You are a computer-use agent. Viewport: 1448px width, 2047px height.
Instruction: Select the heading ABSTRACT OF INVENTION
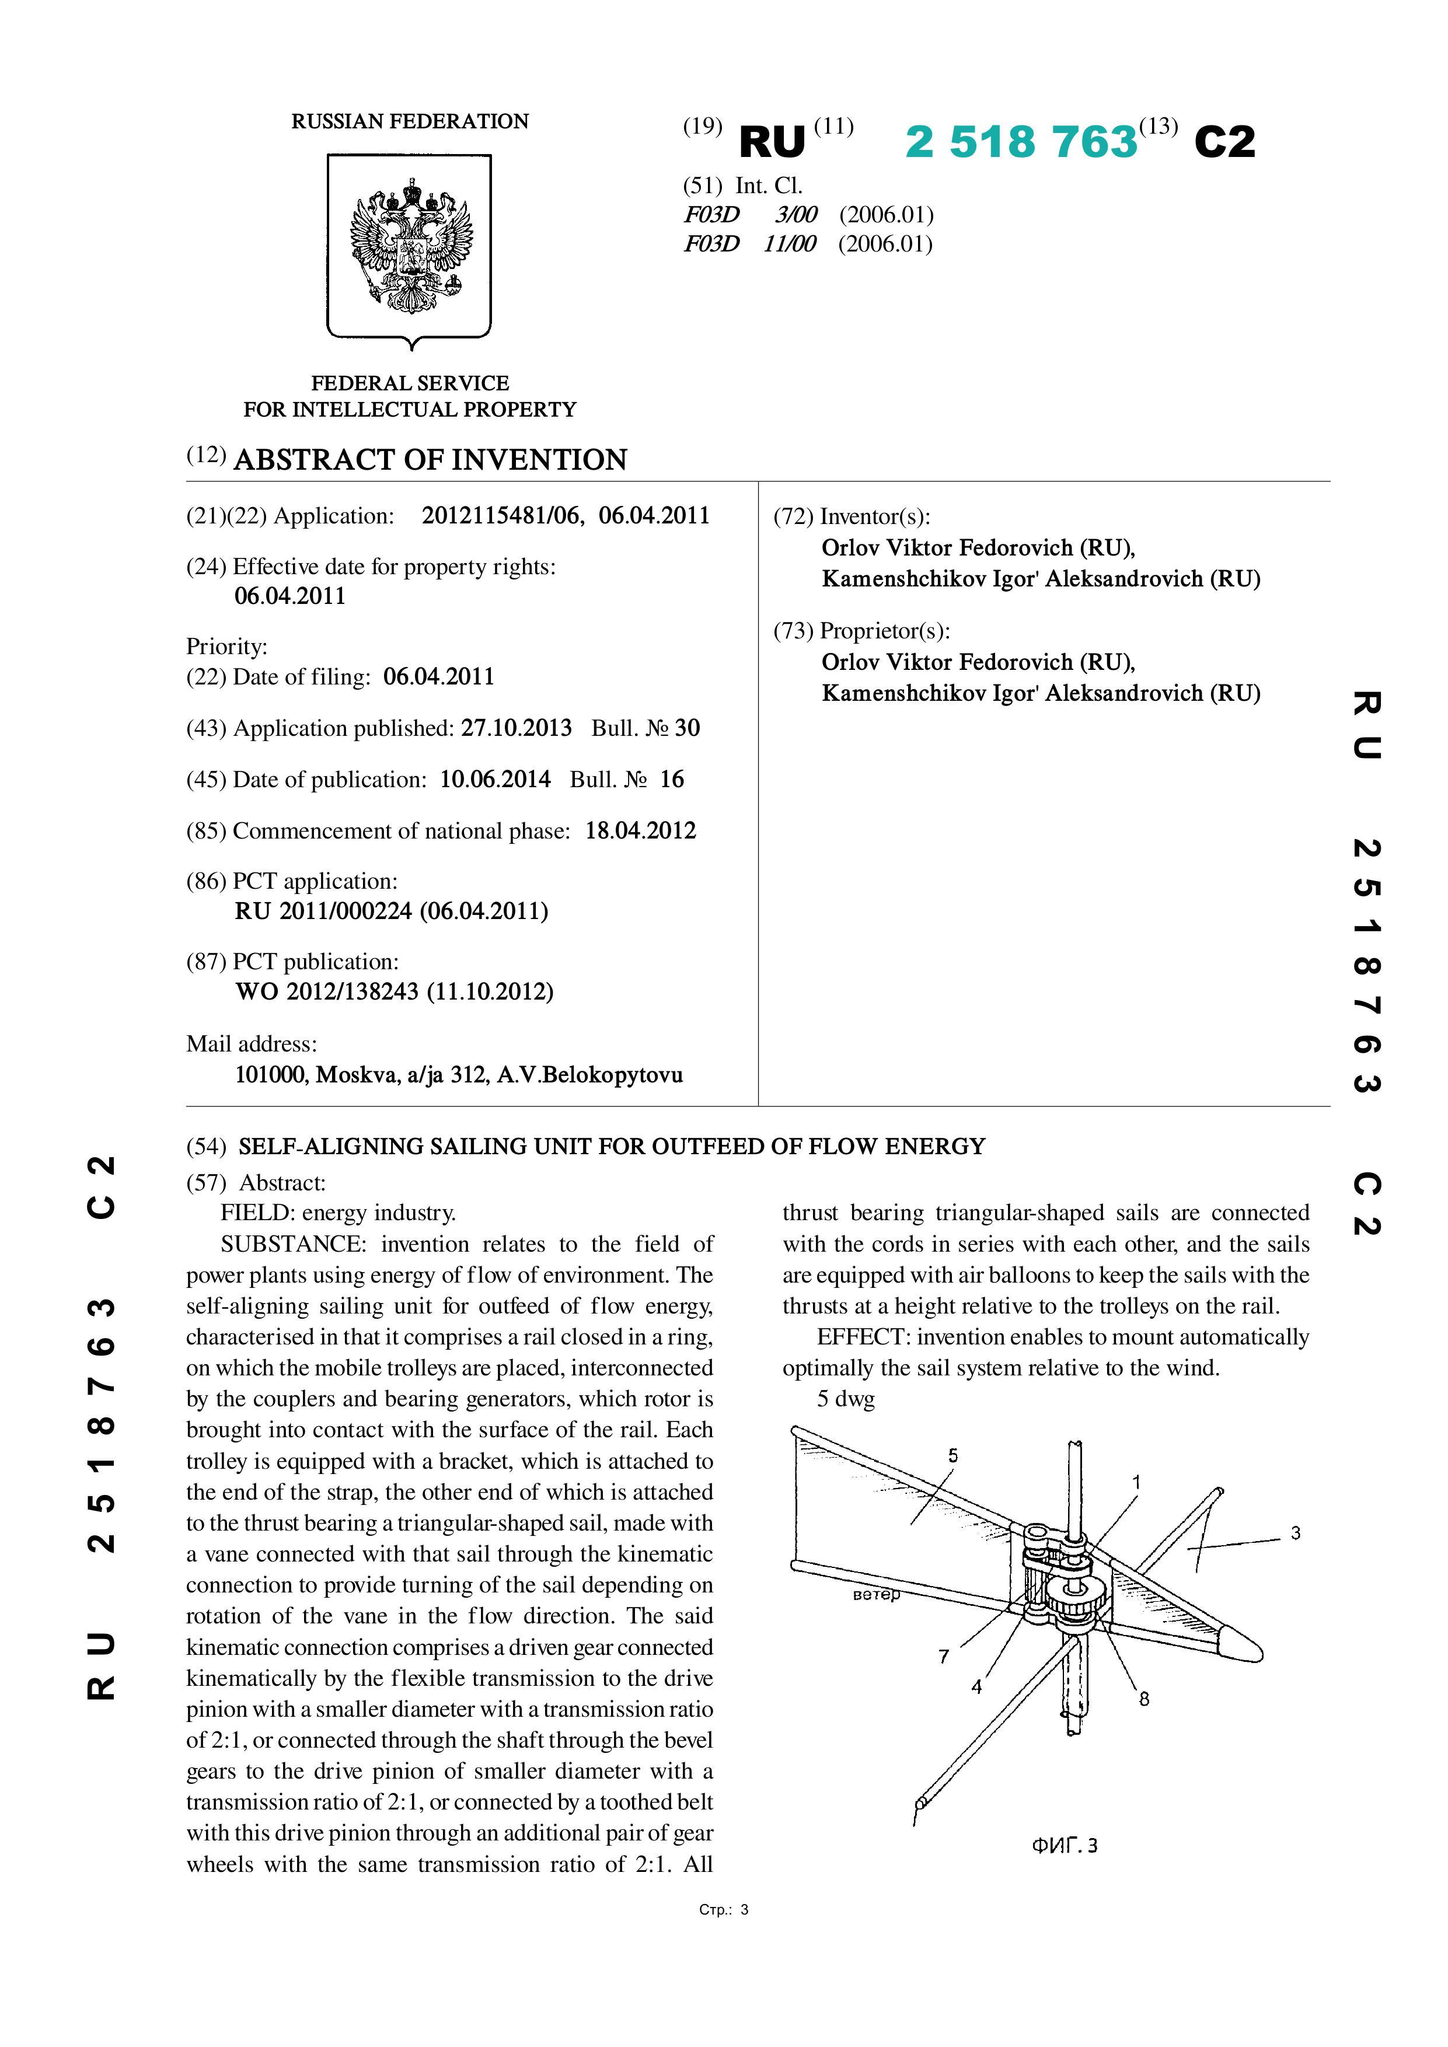(430, 460)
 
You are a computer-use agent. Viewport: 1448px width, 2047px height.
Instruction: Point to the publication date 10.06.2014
(495, 779)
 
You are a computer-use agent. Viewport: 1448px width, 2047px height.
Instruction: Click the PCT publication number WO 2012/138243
(326, 991)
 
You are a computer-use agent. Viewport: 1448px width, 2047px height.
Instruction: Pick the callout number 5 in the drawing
(953, 1455)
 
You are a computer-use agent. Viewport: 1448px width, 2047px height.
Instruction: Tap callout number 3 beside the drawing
(1296, 1532)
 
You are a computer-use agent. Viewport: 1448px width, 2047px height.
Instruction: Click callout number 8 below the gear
(1144, 1699)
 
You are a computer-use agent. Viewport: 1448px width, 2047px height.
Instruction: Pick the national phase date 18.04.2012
(640, 831)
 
